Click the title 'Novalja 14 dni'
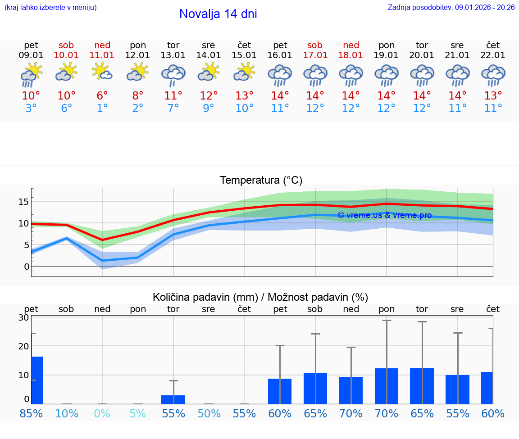(218, 14)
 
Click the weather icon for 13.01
(173, 75)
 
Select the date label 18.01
(351, 55)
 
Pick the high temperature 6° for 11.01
(102, 96)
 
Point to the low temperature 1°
(102, 109)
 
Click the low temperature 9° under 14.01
(209, 109)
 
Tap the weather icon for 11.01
(102, 72)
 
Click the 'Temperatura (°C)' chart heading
(261, 181)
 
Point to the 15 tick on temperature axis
(24, 201)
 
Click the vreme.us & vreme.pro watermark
(384, 215)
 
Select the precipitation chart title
(260, 297)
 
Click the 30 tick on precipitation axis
(24, 317)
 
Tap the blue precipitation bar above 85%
(37, 380)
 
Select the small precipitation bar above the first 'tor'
(173, 399)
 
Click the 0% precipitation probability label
(102, 414)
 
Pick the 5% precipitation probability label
(138, 414)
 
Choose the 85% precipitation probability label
(31, 414)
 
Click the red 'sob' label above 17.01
(315, 45)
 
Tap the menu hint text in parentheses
(50, 8)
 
